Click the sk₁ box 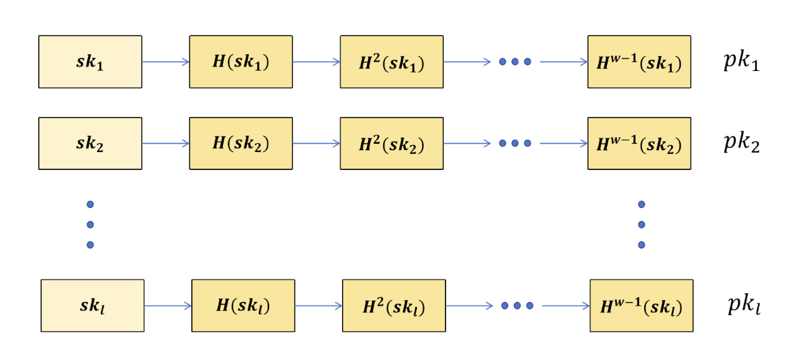[x=90, y=62]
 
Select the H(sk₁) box [x=241, y=62]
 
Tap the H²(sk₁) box [x=392, y=62]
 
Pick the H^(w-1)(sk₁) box [x=639, y=62]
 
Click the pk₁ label [x=741, y=61]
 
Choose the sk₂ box [x=90, y=143]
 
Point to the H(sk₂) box [x=241, y=143]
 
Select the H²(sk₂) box [x=392, y=143]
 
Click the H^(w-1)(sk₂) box [x=639, y=143]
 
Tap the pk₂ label [x=741, y=143]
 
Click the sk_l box [x=93, y=306]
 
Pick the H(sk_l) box [x=243, y=306]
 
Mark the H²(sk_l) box [x=394, y=306]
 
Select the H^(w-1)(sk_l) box [x=642, y=306]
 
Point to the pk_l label [x=744, y=305]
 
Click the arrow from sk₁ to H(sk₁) [x=166, y=62]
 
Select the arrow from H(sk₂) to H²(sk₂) [x=317, y=144]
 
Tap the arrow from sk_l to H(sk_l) [x=168, y=306]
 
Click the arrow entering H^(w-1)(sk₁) [x=564, y=62]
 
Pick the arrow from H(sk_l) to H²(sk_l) [x=319, y=306]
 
